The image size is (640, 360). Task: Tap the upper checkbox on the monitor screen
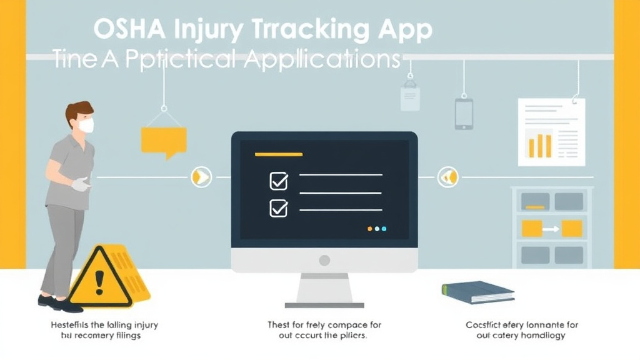click(x=278, y=181)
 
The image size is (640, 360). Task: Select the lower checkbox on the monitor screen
click(x=278, y=207)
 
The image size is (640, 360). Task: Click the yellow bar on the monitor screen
click(x=279, y=154)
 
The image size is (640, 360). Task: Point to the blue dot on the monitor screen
click(x=384, y=229)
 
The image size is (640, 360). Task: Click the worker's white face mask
click(x=86, y=126)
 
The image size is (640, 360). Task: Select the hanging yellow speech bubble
click(x=164, y=140)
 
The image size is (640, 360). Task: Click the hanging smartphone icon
click(x=464, y=114)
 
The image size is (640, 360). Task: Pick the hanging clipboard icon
click(x=410, y=97)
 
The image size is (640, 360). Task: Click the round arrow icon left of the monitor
click(x=201, y=177)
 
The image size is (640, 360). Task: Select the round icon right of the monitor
click(x=447, y=177)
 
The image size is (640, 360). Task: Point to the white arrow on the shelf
click(x=551, y=229)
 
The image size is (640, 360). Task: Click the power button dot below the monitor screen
click(x=324, y=259)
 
